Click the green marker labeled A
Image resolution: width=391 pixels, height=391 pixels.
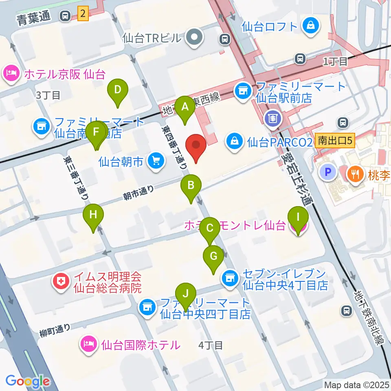click(x=185, y=108)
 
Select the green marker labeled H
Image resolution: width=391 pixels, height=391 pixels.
click(x=93, y=215)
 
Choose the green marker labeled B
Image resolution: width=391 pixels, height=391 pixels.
click(x=191, y=187)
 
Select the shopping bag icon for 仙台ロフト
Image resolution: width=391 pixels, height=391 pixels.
click(x=311, y=27)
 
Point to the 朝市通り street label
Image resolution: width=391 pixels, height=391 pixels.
click(x=139, y=192)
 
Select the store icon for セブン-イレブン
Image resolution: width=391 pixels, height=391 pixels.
click(x=229, y=279)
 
